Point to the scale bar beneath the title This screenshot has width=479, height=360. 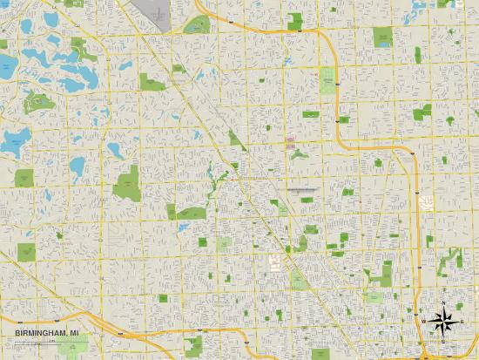click(35, 342)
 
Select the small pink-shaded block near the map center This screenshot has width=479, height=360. click(290, 141)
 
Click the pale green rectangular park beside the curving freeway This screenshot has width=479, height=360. click(328, 81)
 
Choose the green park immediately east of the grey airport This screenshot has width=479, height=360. click(199, 24)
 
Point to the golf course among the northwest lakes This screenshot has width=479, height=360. click(39, 102)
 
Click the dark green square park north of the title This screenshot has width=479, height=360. click(27, 252)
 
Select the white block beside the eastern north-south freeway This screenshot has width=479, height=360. click(427, 202)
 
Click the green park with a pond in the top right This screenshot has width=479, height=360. click(384, 37)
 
